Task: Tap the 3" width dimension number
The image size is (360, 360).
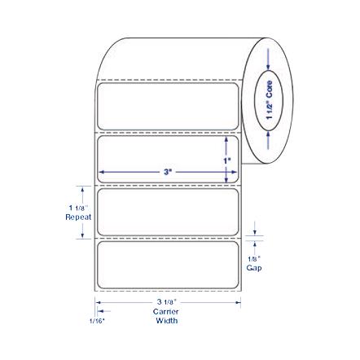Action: pyautogui.click(x=168, y=172)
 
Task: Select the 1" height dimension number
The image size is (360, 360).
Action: pyautogui.click(x=226, y=160)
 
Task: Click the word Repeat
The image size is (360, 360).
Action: pyautogui.click(x=78, y=217)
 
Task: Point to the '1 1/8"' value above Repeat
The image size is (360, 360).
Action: pyautogui.click(x=78, y=209)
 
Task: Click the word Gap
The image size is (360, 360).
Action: pyautogui.click(x=254, y=266)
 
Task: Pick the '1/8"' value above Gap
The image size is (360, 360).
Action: pyautogui.click(x=254, y=258)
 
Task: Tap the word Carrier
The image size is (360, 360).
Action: pyautogui.click(x=166, y=311)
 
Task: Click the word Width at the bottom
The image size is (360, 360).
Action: pyautogui.click(x=166, y=320)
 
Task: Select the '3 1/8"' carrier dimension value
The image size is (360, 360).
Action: pyautogui.click(x=166, y=302)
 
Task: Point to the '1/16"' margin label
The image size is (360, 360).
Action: pyautogui.click(x=97, y=321)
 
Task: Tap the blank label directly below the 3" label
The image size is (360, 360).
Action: pyautogui.click(x=168, y=211)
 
